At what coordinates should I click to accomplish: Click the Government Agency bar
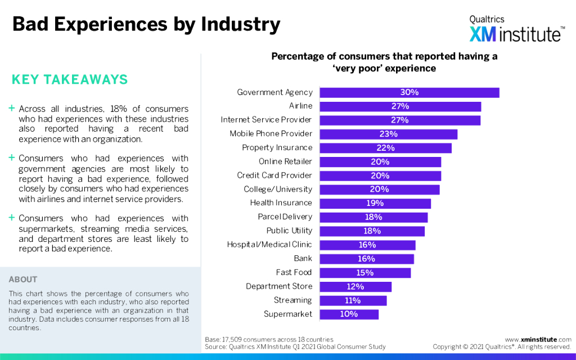coord(409,92)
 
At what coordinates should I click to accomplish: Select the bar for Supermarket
coord(349,314)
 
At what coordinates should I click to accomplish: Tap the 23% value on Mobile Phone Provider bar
coord(389,134)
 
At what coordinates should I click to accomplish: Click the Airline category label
coord(300,106)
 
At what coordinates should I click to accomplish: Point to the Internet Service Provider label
coord(266,120)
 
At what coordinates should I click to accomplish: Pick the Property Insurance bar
coord(386,148)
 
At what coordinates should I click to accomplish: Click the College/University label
coord(278,189)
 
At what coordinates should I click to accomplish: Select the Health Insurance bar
coord(375,203)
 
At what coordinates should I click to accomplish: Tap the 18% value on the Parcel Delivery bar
coord(373,217)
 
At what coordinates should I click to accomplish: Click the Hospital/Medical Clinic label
coord(269,245)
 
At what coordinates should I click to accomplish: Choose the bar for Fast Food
coord(365,273)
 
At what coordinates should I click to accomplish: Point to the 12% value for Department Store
coord(355,286)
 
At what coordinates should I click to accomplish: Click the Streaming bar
coord(353,300)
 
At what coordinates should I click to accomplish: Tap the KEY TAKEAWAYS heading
coord(70,80)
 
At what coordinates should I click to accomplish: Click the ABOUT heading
coord(23,280)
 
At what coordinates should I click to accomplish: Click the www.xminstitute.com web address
coord(538,340)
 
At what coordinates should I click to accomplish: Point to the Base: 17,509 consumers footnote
coord(269,340)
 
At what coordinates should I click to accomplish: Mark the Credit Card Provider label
coord(274,175)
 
